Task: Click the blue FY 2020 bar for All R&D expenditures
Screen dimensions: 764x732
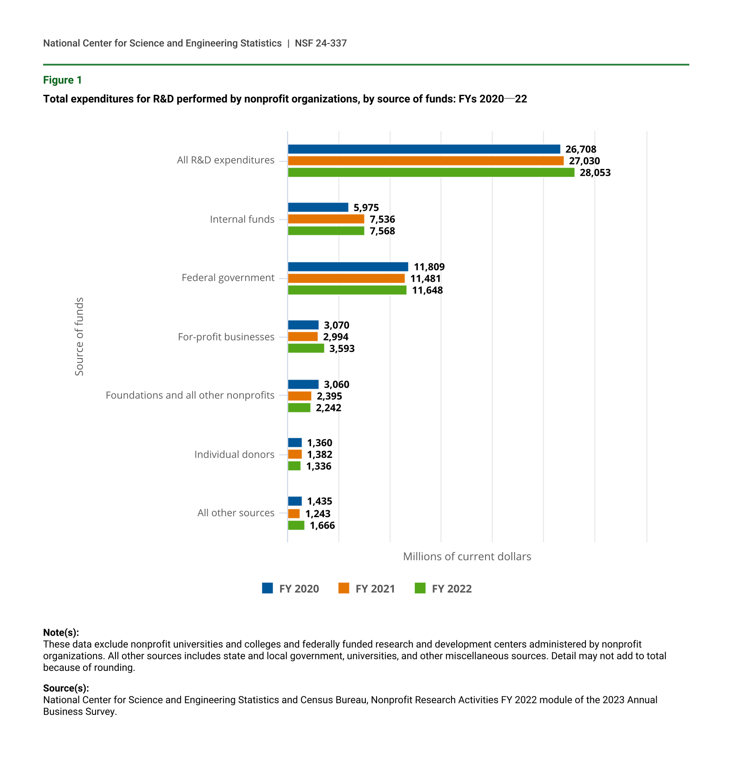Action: pos(424,149)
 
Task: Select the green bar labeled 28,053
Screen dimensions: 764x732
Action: pos(431,172)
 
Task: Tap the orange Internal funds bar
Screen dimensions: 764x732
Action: pos(326,219)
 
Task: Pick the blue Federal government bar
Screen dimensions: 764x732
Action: pos(348,267)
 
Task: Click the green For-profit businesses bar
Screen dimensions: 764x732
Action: pos(306,348)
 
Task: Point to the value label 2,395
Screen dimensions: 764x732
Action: pos(329,396)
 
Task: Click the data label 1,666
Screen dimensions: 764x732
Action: pos(322,525)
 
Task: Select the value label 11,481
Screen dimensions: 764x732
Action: pos(425,278)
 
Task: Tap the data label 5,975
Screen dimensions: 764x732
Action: pos(366,207)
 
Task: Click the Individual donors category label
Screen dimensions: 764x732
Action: pos(234,454)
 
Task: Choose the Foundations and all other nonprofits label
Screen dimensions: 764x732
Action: pos(190,395)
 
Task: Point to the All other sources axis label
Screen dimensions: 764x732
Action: pos(236,513)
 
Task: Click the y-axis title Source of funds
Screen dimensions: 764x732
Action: pos(79,337)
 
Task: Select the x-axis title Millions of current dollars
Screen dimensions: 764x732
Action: pos(467,556)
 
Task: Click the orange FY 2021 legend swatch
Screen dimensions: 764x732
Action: pos(344,588)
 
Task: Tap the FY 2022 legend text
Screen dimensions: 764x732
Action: pos(452,589)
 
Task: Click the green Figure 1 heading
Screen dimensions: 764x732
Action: pos(62,80)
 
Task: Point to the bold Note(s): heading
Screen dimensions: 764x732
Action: pos(61,633)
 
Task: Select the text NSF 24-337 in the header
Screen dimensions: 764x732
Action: pos(321,43)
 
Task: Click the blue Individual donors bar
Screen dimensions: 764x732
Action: pos(295,443)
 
